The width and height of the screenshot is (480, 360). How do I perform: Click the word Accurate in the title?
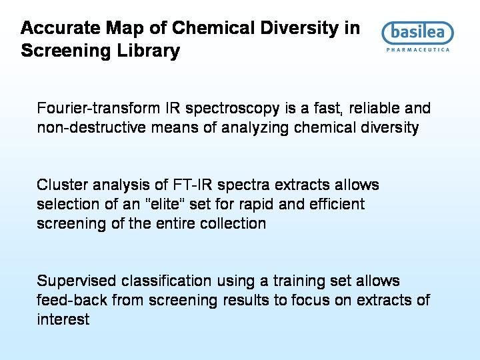[60, 27]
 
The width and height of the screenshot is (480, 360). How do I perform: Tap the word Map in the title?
[125, 28]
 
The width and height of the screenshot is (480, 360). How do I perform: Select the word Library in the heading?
[149, 50]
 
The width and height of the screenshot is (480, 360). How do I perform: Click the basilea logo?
[417, 32]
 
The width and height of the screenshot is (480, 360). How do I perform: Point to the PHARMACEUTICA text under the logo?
[418, 50]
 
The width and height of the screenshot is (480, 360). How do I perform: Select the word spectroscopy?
[233, 109]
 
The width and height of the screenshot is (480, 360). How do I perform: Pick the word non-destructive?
[91, 127]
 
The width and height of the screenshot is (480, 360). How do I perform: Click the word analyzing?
[255, 129]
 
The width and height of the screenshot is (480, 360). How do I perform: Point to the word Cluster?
[62, 185]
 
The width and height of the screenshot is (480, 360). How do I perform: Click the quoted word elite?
[165, 204]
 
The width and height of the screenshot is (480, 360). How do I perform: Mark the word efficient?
[337, 204]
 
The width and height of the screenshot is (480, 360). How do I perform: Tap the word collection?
[233, 223]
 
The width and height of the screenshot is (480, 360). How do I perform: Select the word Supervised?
[76, 281]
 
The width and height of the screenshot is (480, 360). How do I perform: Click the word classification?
[166, 281]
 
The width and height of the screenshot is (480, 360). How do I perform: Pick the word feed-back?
[72, 300]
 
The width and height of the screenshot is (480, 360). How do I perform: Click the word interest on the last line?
[63, 319]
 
